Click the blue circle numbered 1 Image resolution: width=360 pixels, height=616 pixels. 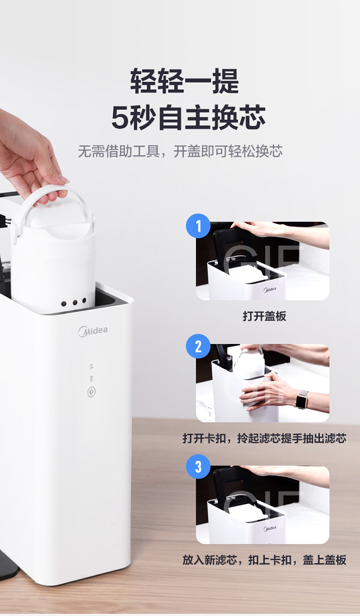coord(198,226)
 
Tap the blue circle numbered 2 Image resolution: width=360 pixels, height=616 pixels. coord(198,346)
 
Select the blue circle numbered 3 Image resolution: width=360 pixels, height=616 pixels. coord(198,467)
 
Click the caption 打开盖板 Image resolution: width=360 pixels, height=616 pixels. coord(264,316)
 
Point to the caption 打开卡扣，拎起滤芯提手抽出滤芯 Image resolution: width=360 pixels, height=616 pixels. coord(264,438)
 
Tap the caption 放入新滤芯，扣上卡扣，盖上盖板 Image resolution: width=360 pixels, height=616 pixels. coord(264,560)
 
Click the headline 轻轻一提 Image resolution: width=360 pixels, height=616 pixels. coord(184,81)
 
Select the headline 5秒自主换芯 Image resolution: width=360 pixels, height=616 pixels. coord(188,117)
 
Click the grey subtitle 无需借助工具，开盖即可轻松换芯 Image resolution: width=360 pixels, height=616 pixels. coord(180,151)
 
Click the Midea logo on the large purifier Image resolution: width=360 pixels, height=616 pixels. coord(93,331)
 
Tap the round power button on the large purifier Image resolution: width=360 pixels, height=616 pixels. coord(92,392)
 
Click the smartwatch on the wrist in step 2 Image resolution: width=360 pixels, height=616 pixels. coord(302,399)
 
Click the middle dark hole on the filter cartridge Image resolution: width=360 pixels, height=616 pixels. coord(75,302)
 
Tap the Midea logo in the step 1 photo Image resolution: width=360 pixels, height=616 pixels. coord(270,290)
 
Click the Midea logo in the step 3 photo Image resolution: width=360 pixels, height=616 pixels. coord(270,528)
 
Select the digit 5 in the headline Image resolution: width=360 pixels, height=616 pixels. coord(120,118)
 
